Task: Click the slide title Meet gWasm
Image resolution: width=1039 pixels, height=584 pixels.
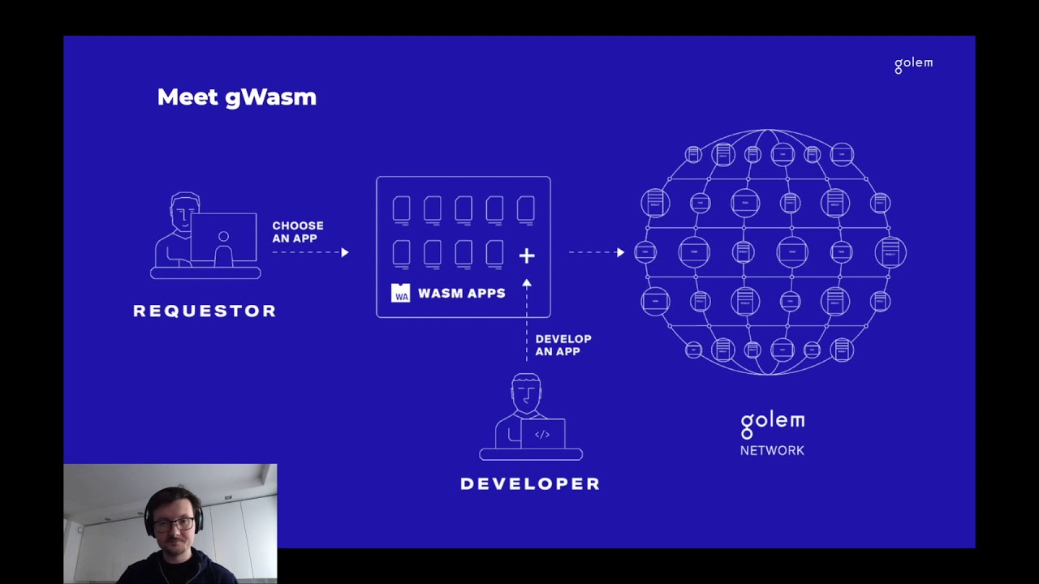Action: [x=236, y=97]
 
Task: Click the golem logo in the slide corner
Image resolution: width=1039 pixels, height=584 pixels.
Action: [x=913, y=64]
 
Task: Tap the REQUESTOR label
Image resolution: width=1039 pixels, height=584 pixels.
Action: [x=205, y=311]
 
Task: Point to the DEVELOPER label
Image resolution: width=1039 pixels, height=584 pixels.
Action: [x=530, y=483]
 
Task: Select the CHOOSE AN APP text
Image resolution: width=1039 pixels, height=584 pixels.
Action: [x=298, y=232]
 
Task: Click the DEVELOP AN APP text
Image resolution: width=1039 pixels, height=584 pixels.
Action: [x=563, y=345]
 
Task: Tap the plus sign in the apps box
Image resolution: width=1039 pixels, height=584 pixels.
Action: [x=527, y=256]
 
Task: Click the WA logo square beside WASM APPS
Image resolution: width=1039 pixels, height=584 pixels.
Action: [x=401, y=293]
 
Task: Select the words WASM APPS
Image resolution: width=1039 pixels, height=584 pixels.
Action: [x=461, y=293]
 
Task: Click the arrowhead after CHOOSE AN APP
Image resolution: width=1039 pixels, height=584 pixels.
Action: [x=345, y=252]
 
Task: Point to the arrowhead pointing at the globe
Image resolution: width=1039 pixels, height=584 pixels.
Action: [x=620, y=252]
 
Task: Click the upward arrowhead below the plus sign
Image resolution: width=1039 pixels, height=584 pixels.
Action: [x=527, y=284]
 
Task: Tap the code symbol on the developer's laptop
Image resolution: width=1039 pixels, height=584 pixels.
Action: [x=542, y=435]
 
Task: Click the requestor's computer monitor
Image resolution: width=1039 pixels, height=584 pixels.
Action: [x=223, y=237]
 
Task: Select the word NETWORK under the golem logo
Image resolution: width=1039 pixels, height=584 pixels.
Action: [x=772, y=450]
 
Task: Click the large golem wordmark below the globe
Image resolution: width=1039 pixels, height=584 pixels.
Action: [x=772, y=423]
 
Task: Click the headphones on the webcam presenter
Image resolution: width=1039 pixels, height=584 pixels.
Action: [x=150, y=516]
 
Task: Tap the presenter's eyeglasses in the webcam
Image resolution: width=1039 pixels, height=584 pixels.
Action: [x=174, y=524]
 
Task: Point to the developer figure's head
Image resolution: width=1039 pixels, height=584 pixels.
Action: [x=527, y=391]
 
